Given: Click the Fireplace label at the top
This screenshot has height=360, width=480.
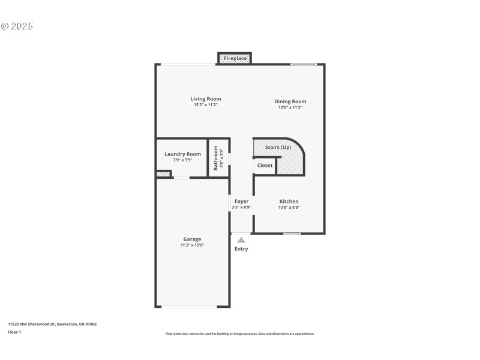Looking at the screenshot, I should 235,58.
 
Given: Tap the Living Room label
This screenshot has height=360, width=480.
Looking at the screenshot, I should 206,99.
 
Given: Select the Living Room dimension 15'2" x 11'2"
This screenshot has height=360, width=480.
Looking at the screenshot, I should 206,105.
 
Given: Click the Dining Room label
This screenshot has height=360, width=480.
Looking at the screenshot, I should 290,101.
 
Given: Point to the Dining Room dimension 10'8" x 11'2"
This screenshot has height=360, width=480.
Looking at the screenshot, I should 290,107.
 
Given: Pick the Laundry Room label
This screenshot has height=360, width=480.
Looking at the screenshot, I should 182,154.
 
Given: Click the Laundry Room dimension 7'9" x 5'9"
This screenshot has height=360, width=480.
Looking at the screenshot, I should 182,160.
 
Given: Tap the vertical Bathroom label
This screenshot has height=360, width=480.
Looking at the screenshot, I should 216,158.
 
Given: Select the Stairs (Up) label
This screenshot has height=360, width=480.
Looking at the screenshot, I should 278,148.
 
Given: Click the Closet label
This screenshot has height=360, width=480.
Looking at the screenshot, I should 265,165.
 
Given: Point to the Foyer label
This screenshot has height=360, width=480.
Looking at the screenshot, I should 241,202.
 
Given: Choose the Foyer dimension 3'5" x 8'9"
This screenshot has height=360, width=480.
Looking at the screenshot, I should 241,208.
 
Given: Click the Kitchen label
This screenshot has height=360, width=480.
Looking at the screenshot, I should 289,202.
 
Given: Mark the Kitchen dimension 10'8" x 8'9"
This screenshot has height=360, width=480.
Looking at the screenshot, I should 289,208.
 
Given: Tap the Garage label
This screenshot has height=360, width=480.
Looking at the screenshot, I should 192,239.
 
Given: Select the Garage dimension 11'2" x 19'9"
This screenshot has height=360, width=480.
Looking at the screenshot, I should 192,245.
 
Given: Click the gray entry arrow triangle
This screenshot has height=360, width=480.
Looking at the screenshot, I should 241,239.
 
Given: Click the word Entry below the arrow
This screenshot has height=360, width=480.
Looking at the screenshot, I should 241,249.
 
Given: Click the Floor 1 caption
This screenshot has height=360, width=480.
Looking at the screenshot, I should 14,332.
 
